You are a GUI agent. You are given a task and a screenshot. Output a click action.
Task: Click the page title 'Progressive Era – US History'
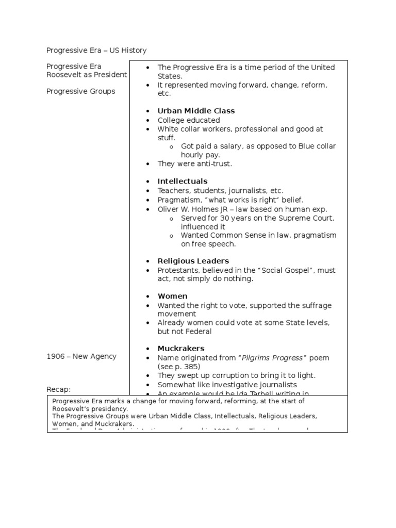(96, 50)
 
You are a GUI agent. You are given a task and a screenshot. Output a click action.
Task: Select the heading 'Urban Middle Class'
(196, 111)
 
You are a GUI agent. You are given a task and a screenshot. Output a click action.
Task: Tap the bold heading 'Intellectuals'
(183, 181)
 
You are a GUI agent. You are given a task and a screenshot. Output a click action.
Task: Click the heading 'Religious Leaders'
(193, 261)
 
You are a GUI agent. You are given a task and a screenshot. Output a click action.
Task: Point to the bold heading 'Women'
(172, 296)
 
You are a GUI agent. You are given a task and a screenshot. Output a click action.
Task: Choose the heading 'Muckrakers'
(181, 349)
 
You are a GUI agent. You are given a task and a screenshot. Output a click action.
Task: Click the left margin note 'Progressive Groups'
(80, 91)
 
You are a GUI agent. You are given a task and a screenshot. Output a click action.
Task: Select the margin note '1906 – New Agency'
(81, 356)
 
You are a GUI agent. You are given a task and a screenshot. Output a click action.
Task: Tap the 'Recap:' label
(58, 389)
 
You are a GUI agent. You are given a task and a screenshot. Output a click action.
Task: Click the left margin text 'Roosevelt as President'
(87, 75)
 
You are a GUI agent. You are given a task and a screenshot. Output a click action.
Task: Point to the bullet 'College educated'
(189, 120)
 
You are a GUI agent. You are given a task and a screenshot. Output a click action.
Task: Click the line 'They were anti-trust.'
(195, 164)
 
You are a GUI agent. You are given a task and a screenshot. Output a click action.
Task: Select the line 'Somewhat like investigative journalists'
(227, 385)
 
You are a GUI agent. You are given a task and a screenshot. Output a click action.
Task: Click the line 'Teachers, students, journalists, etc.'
(221, 191)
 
